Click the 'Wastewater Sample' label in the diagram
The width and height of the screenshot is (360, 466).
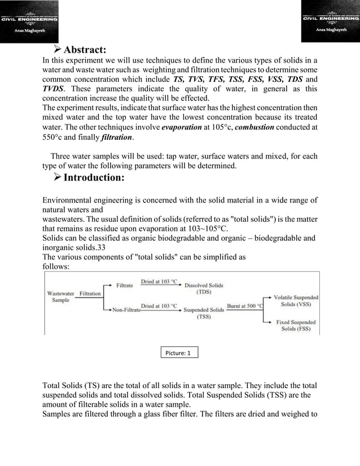[62, 297]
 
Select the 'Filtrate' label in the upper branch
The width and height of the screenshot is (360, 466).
[124, 285]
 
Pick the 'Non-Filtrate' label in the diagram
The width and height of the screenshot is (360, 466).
[126, 309]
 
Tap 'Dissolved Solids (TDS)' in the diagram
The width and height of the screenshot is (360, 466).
[204, 289]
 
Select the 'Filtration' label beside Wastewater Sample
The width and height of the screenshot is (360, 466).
[90, 293]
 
